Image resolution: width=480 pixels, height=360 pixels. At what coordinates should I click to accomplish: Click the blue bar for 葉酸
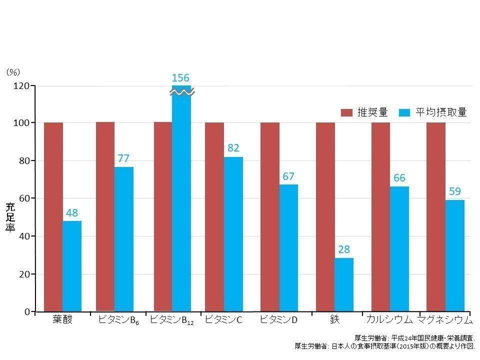[72, 266]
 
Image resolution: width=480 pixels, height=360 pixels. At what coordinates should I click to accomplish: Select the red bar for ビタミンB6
[105, 216]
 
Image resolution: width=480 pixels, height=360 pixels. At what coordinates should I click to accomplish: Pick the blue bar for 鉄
[344, 284]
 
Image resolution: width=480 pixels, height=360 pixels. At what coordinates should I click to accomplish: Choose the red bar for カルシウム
[380, 216]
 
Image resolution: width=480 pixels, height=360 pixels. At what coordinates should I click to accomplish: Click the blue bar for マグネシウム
[455, 255]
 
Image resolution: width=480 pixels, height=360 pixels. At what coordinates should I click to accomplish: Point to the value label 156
[180, 78]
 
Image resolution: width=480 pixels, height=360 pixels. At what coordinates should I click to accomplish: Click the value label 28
[344, 249]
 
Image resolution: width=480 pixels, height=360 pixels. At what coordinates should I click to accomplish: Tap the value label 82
[233, 148]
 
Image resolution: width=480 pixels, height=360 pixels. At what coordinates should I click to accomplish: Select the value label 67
[288, 176]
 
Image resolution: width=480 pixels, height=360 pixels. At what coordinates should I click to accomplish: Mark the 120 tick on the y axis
[22, 86]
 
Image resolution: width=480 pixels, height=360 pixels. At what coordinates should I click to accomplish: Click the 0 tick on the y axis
[27, 312]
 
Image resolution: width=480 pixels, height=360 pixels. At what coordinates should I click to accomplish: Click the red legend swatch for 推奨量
[347, 113]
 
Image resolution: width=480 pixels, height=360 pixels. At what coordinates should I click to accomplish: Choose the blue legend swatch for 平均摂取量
[405, 113]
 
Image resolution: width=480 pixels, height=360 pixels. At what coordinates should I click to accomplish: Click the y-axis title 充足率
[10, 216]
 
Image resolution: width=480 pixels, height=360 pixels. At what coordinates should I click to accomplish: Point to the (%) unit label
[13, 72]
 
